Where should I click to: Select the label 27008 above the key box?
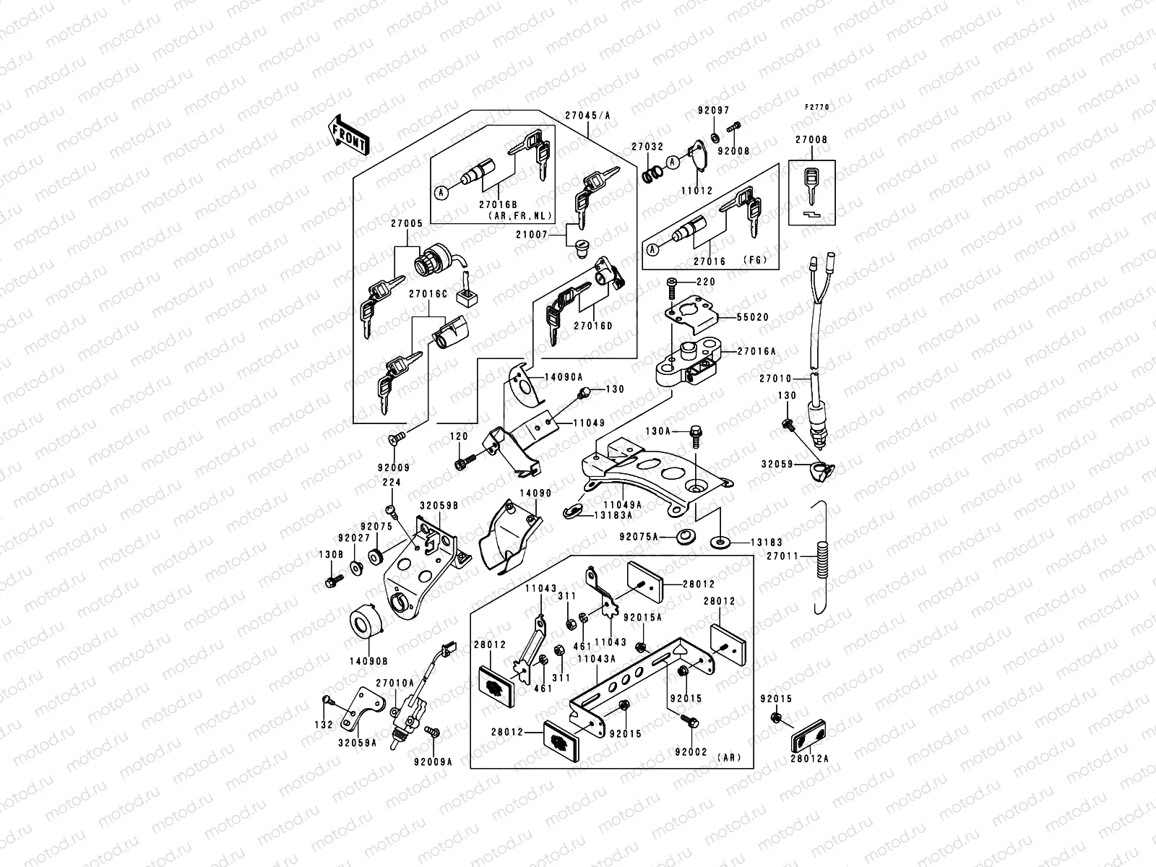(x=811, y=139)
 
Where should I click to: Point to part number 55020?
(x=753, y=317)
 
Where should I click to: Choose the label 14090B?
(x=368, y=660)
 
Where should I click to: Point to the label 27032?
(x=647, y=146)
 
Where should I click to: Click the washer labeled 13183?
(x=720, y=540)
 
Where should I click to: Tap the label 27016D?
(x=593, y=326)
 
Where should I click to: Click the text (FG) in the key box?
(x=754, y=260)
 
